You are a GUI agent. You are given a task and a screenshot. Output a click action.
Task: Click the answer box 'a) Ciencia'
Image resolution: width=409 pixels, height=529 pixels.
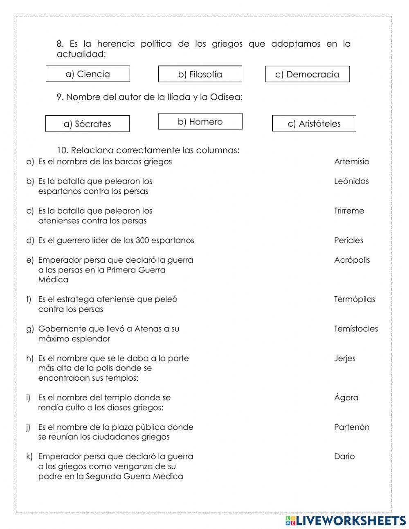[x=88, y=74]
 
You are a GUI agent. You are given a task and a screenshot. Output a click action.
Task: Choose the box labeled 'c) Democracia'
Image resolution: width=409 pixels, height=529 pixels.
[x=307, y=75]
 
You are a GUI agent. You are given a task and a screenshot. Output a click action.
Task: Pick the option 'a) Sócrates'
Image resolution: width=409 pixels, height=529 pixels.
[x=87, y=124]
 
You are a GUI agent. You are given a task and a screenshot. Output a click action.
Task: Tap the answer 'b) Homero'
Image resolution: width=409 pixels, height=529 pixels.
[x=200, y=122]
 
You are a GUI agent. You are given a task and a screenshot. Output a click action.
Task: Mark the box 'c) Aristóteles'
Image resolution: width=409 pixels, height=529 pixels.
[x=314, y=124]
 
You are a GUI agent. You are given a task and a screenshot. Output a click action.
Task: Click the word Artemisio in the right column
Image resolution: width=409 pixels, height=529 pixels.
[x=351, y=161]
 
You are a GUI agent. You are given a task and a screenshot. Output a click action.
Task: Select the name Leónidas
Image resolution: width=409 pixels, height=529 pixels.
[x=351, y=181]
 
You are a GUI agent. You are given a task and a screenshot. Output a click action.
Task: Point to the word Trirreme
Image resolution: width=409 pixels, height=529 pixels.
[x=348, y=211]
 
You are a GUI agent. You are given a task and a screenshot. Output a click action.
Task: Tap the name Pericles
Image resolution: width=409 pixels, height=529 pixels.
[x=348, y=240]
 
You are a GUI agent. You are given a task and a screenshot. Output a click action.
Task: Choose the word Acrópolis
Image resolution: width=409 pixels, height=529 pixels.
[x=352, y=260]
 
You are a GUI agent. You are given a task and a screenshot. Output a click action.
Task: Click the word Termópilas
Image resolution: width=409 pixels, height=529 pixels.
[x=354, y=299]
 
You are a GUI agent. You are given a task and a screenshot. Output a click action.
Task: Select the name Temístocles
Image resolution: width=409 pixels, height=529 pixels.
[x=356, y=329]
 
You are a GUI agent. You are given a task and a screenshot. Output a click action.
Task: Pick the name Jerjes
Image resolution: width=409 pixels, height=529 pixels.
[x=344, y=358]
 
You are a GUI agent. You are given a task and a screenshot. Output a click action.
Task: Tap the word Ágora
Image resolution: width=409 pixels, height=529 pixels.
[x=346, y=397]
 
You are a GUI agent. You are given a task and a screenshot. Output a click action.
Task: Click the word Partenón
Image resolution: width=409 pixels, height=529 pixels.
[x=351, y=427]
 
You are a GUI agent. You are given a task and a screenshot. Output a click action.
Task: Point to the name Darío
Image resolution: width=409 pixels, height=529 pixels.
[x=344, y=456]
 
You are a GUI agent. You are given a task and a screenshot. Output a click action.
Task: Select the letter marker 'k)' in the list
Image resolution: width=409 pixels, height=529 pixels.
[x=29, y=456]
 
